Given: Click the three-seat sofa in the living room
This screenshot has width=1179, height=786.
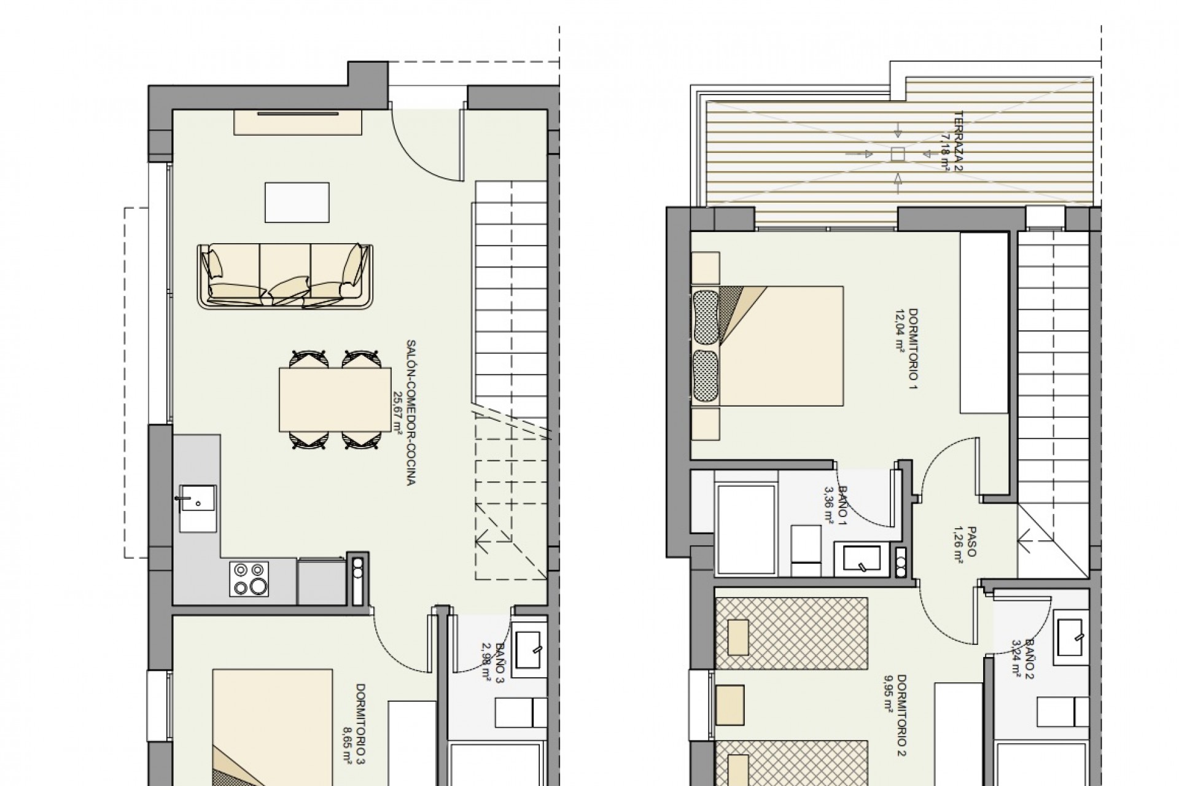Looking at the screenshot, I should (x=285, y=276).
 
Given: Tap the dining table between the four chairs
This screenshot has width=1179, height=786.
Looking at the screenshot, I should (x=335, y=399).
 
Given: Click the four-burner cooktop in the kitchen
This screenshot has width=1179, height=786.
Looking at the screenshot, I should (x=249, y=578).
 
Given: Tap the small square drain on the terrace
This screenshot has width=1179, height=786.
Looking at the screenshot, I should (x=898, y=154).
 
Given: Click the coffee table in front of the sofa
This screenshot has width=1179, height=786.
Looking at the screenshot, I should (x=297, y=202).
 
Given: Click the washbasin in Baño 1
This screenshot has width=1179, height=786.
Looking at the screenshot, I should (x=862, y=558).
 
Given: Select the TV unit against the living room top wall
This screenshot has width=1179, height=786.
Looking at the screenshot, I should (x=298, y=123).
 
